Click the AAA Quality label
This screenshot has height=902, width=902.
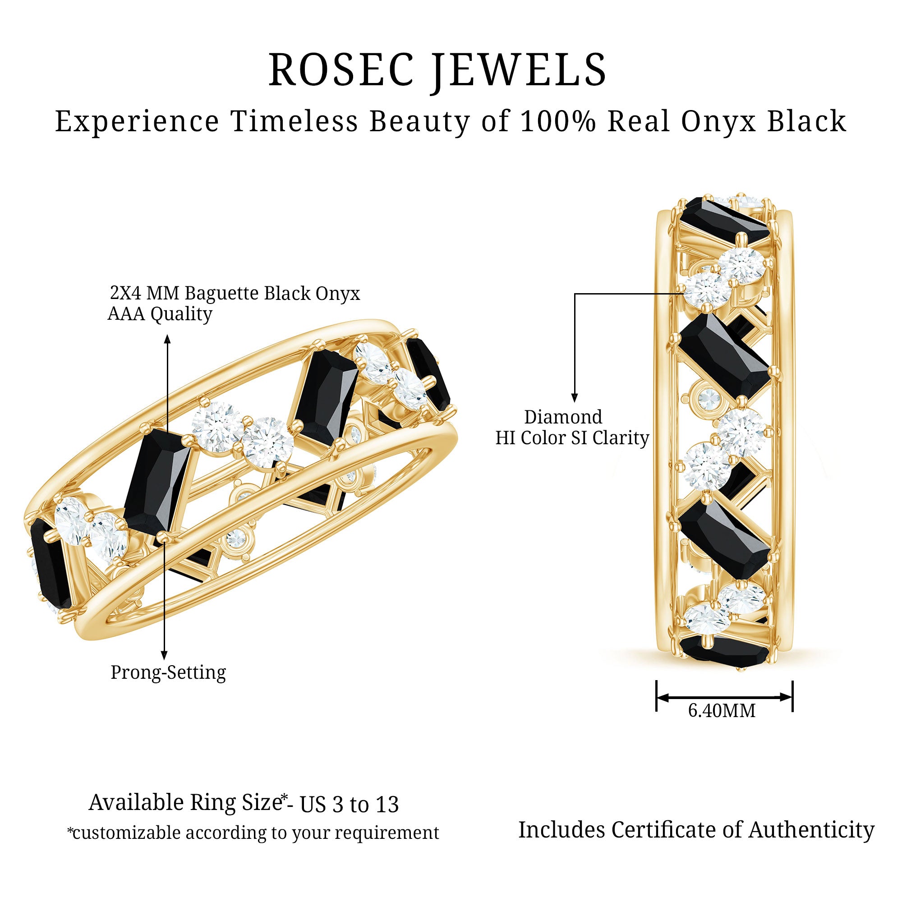coord(160,314)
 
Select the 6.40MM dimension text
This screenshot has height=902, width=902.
coord(721,711)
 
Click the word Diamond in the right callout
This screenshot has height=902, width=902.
coord(562,417)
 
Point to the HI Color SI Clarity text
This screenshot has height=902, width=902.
coord(572,438)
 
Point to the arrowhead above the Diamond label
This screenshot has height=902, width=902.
coord(575,398)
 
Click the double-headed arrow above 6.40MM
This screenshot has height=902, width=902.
coord(724,698)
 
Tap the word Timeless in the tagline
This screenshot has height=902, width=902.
coord(294,122)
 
